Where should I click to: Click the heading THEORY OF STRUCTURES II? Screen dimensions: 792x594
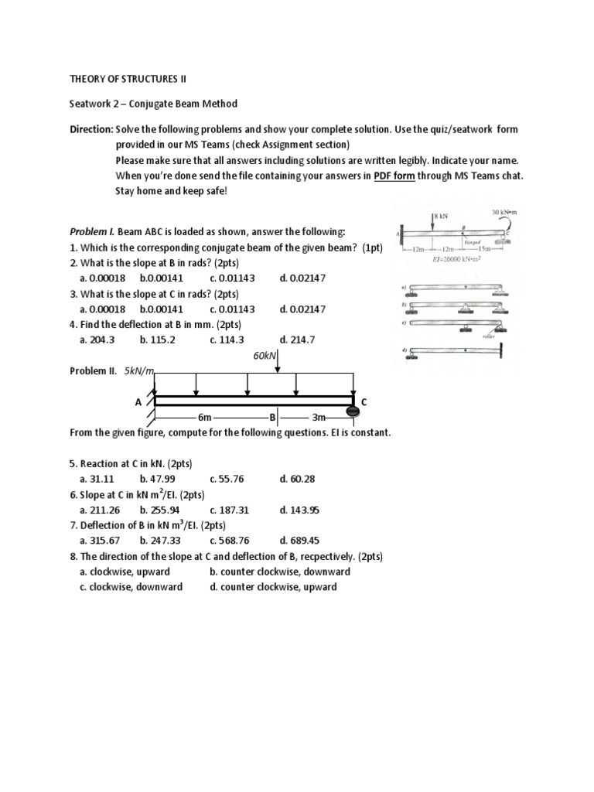tap(128, 79)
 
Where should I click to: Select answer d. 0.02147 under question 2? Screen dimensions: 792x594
tap(302, 278)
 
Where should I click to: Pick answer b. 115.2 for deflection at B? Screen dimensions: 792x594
tap(158, 340)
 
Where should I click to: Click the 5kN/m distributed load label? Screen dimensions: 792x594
tap(139, 370)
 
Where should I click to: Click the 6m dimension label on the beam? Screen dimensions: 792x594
tap(204, 418)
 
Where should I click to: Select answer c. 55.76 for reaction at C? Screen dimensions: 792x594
tap(226, 479)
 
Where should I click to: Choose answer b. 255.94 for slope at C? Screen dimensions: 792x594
tap(159, 510)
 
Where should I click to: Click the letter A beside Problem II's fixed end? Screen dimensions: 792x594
tap(139, 402)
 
